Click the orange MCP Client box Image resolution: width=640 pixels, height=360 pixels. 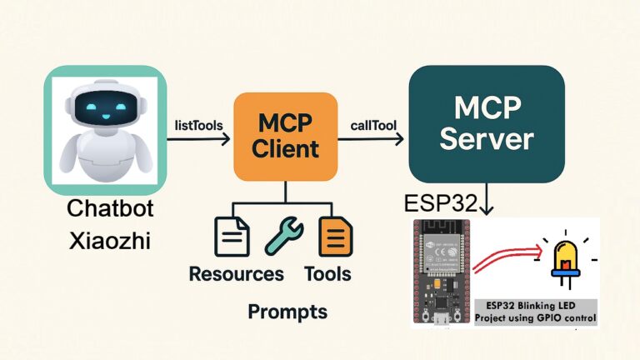click(286, 137)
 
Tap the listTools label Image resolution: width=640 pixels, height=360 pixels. click(198, 125)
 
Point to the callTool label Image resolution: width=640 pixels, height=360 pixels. click(372, 125)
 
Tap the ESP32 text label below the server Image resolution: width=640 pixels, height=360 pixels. click(441, 203)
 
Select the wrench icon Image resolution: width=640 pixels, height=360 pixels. click(283, 237)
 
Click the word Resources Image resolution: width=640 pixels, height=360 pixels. click(236, 273)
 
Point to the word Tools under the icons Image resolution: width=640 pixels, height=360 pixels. click(327, 273)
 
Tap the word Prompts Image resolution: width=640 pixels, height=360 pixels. click(287, 312)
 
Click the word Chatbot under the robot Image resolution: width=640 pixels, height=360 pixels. click(105, 209)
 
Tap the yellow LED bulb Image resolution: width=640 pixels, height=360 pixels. click(564, 257)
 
